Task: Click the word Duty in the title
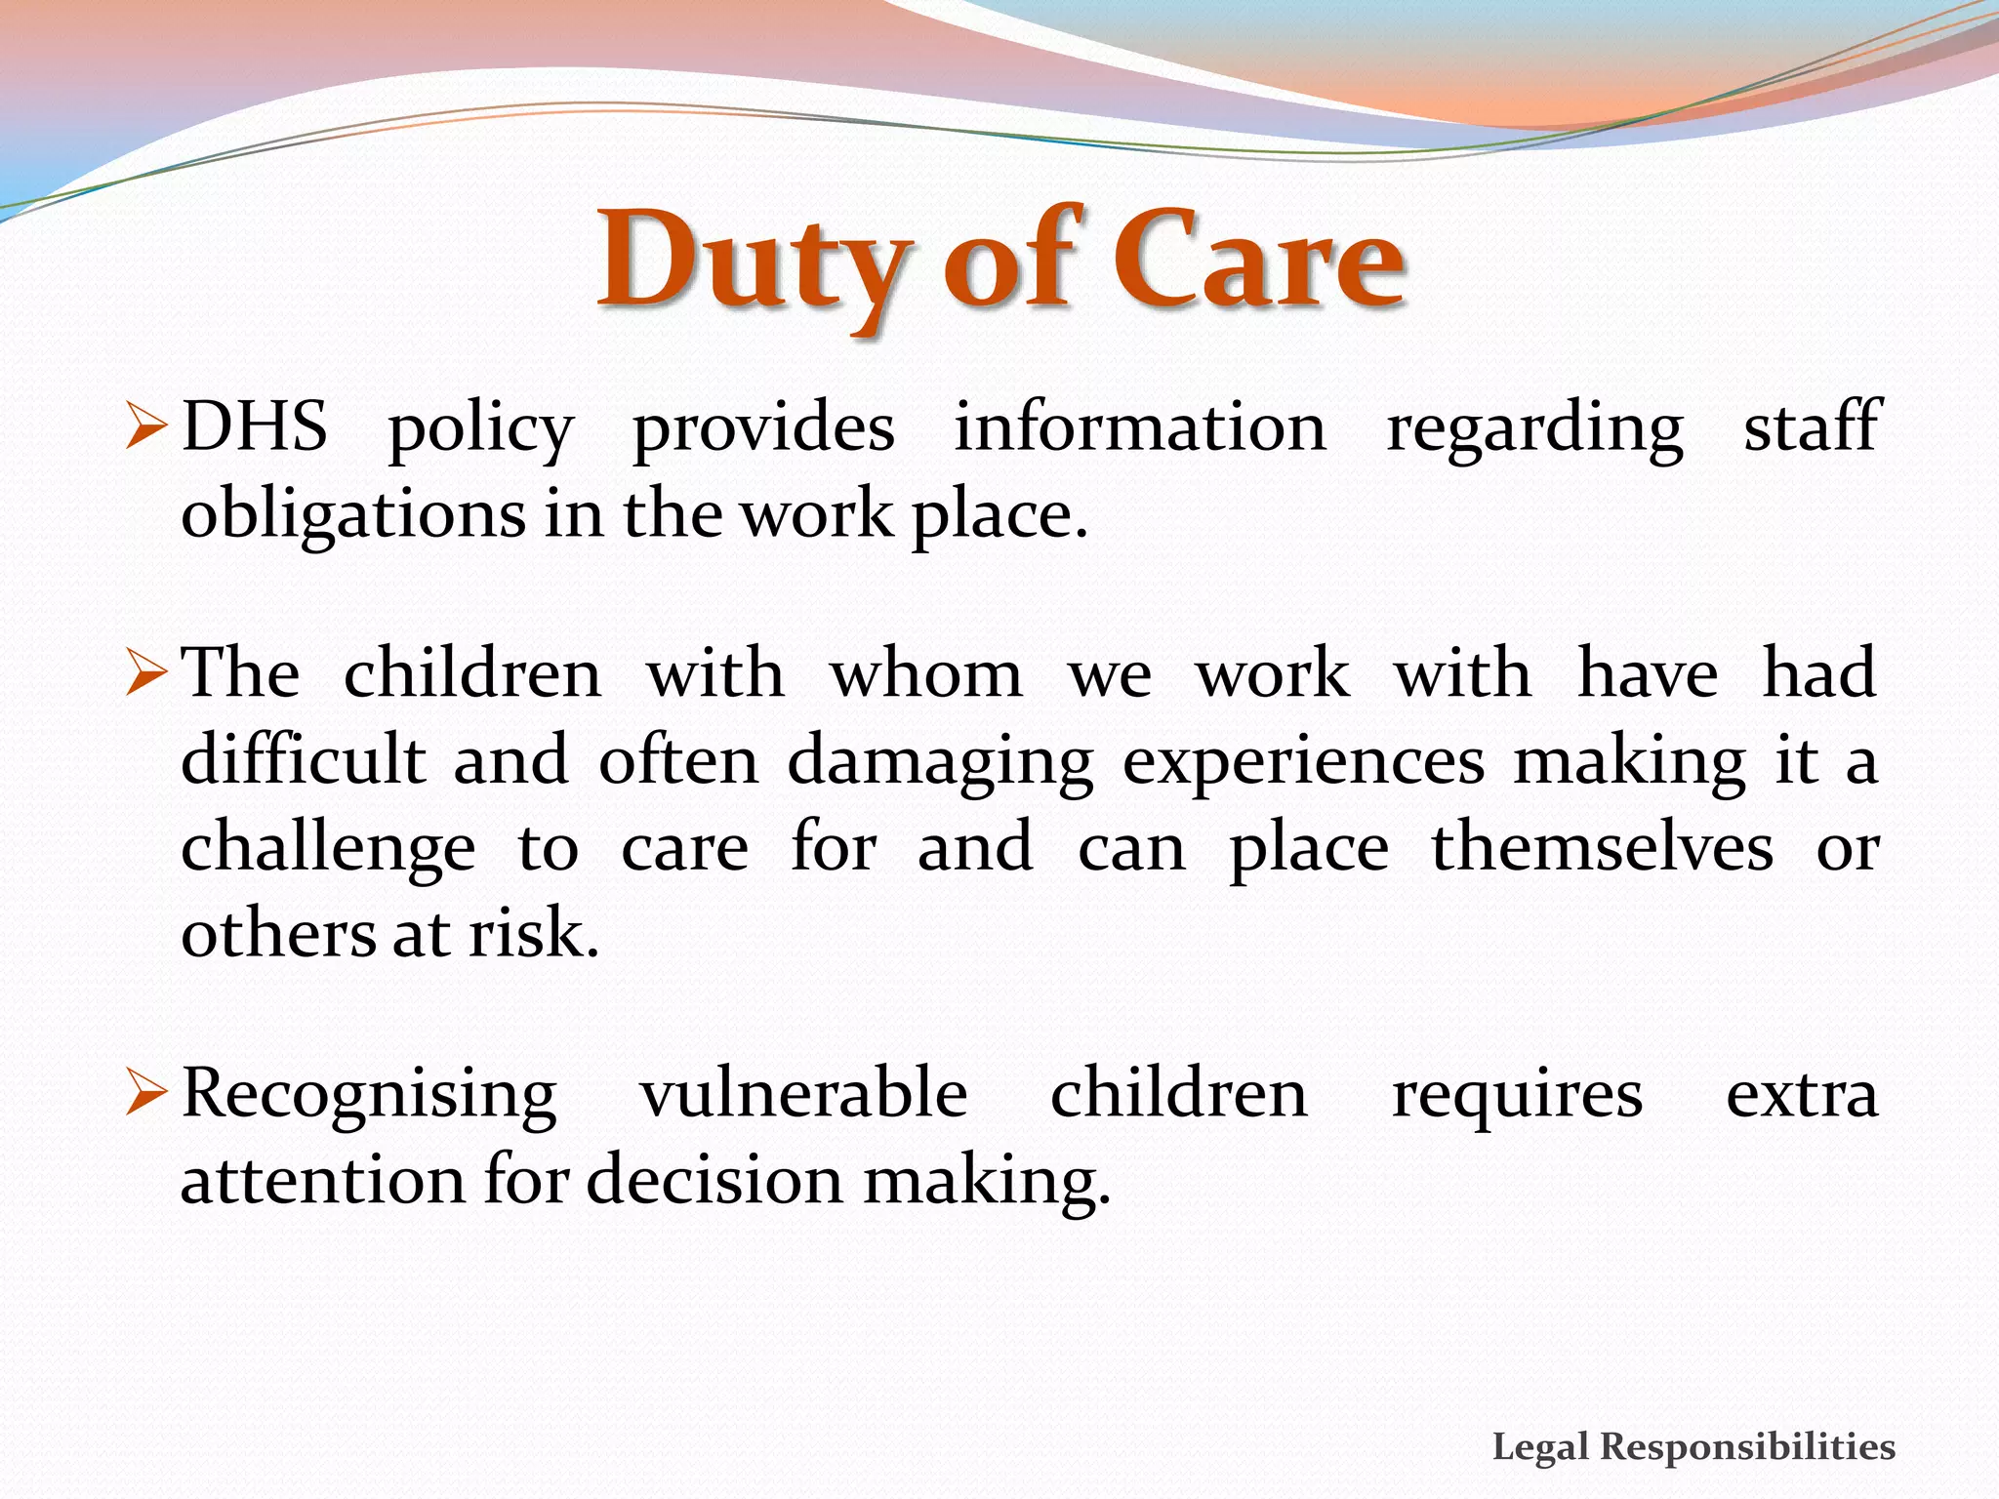pos(752,262)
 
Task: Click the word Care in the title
pos(1258,262)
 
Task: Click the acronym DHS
pos(255,427)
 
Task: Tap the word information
pos(1140,427)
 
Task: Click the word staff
pos(1811,427)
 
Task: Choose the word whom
pos(926,674)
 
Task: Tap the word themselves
pos(1602,847)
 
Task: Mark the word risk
pos(533,934)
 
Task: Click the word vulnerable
pos(803,1094)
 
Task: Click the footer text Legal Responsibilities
pos(1693,1446)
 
